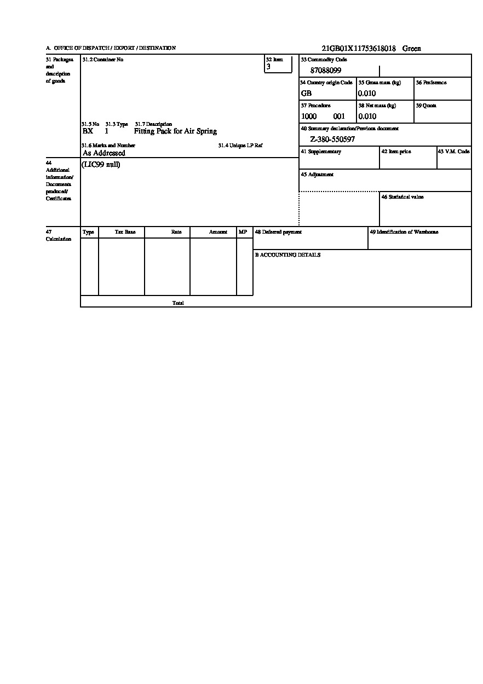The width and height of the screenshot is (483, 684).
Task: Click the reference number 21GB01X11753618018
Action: click(x=359, y=49)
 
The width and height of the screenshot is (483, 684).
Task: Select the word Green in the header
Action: click(x=412, y=49)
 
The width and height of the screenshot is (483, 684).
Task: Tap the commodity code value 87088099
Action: click(x=326, y=71)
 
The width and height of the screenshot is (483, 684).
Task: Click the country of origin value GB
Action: click(x=306, y=94)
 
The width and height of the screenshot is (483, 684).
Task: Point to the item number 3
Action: click(x=268, y=67)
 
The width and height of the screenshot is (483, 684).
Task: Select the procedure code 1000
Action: click(x=309, y=117)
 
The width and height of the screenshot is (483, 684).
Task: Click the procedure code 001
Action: click(x=339, y=117)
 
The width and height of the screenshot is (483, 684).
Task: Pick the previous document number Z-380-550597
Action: click(x=332, y=140)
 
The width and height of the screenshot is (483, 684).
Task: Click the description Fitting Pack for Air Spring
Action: click(x=175, y=131)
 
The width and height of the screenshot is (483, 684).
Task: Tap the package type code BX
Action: click(x=88, y=131)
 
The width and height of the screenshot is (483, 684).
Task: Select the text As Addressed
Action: click(x=104, y=154)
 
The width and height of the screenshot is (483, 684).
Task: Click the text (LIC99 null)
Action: click(x=101, y=165)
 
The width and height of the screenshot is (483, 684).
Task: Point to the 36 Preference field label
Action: click(x=431, y=83)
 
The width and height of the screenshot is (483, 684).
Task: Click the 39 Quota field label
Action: click(x=426, y=106)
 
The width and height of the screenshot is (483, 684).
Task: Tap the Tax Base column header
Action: click(x=125, y=232)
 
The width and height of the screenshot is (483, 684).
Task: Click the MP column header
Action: click(x=243, y=232)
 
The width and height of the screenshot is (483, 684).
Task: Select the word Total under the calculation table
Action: click(x=178, y=303)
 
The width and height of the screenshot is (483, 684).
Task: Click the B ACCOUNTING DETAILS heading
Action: click(x=287, y=255)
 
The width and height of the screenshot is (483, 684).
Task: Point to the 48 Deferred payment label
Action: click(x=278, y=232)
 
